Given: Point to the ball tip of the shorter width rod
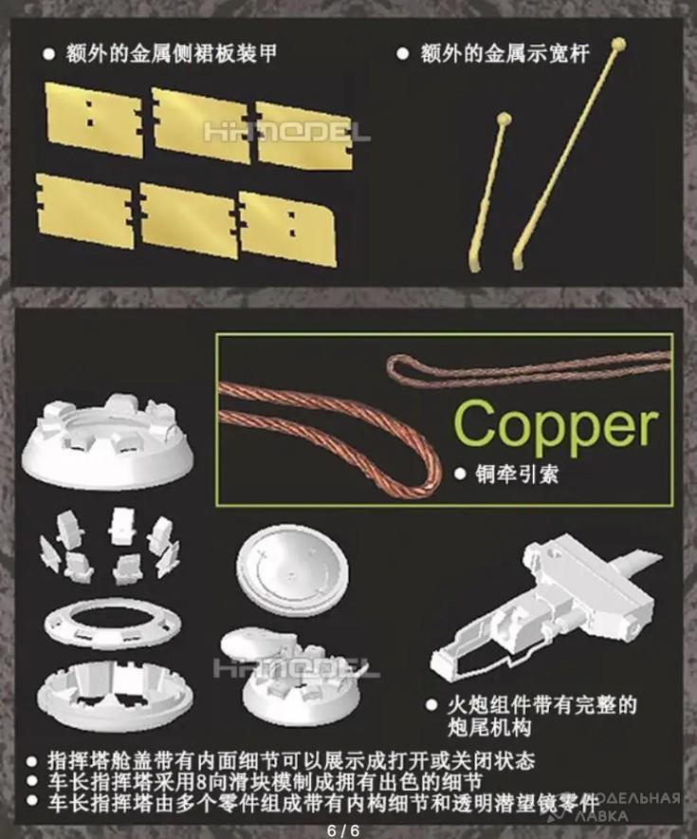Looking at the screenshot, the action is tap(504, 119).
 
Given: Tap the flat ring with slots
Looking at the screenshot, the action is tap(112, 625).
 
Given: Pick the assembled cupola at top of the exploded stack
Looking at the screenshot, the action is tap(108, 441).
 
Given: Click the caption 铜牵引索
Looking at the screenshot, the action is tap(517, 475).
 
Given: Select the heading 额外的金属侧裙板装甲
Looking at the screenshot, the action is tap(171, 53).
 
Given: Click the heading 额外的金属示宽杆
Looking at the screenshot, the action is tap(504, 53).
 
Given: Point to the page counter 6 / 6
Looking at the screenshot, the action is tap(343, 830).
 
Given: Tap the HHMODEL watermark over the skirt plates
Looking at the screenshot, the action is tap(286, 132).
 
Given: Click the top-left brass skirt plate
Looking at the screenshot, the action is tap(94, 120).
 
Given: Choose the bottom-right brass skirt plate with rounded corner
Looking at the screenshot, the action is tap(288, 229).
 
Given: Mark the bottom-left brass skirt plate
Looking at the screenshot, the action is tap(84, 211).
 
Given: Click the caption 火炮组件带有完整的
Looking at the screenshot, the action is tap(542, 704).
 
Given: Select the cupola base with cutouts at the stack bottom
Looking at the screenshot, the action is tap(115, 693).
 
